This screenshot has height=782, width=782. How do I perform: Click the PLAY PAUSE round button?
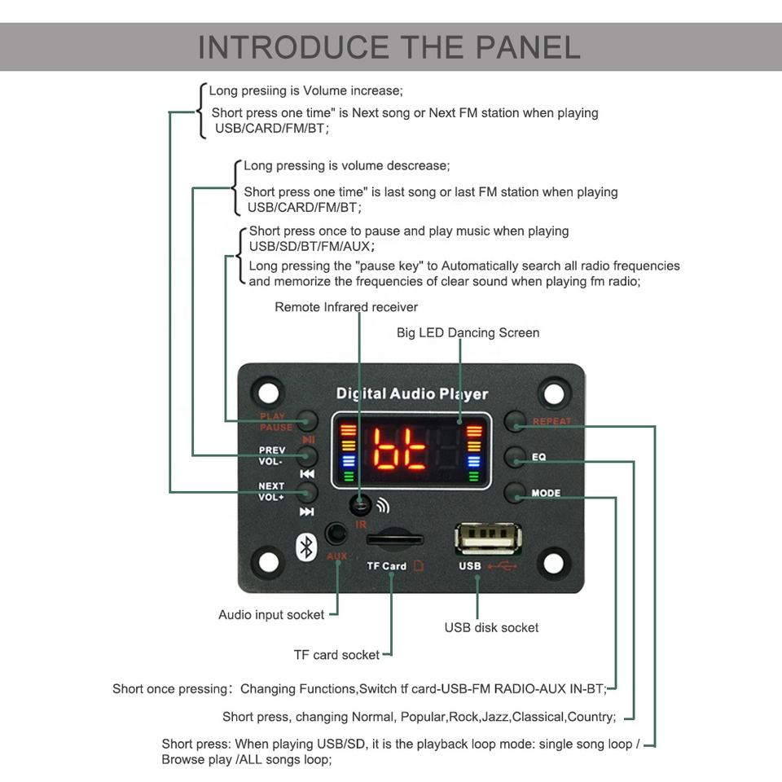pyautogui.click(x=307, y=420)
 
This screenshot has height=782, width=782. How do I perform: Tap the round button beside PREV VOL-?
pyautogui.click(x=307, y=455)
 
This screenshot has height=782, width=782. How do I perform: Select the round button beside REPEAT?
pyautogui.click(x=514, y=421)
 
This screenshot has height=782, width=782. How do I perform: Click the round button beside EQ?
pyautogui.click(x=514, y=457)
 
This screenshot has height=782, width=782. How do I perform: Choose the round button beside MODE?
pyautogui.click(x=514, y=493)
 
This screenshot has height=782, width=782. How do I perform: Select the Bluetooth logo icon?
pyautogui.click(x=306, y=547)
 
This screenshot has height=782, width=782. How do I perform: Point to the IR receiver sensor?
pyautogui.click(x=360, y=505)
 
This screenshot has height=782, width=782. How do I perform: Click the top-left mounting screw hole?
pyautogui.click(x=266, y=393)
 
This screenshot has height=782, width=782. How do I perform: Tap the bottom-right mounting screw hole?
pyautogui.click(x=553, y=562)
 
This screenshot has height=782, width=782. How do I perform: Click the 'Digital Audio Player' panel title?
pyautogui.click(x=412, y=394)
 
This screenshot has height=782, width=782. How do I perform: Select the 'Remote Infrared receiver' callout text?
pyautogui.click(x=346, y=307)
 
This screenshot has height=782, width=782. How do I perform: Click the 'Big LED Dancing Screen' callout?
pyautogui.click(x=468, y=332)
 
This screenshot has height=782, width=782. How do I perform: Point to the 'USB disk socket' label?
pyautogui.click(x=491, y=627)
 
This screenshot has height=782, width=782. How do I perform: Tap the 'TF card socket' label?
pyautogui.click(x=336, y=655)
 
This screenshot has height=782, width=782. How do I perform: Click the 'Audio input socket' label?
pyautogui.click(x=271, y=615)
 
